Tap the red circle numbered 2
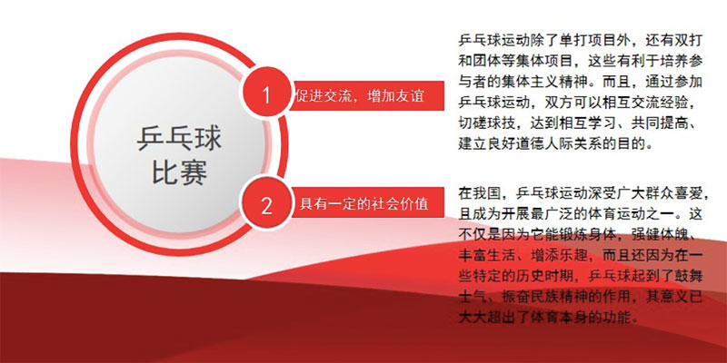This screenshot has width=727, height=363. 266,203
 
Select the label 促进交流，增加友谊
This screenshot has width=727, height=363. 360,96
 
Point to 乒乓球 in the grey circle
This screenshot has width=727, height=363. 179,139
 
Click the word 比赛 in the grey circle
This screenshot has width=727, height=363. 179,172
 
